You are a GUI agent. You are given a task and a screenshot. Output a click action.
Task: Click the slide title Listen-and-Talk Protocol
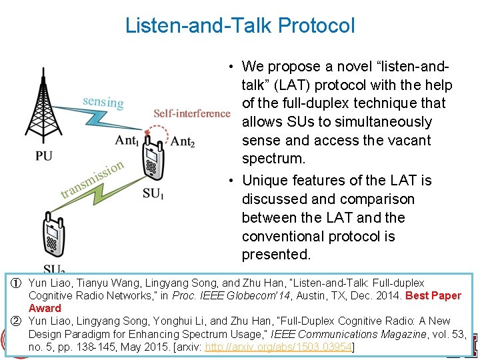240,26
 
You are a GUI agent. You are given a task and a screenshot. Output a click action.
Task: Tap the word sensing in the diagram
103,101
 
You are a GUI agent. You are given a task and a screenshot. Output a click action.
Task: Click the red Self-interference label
191,113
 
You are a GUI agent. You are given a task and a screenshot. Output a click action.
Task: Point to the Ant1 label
127,140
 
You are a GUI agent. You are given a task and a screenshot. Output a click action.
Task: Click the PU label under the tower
44,157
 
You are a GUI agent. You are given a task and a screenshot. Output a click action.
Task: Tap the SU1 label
153,194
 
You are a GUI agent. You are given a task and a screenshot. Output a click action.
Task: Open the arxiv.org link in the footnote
279,347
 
